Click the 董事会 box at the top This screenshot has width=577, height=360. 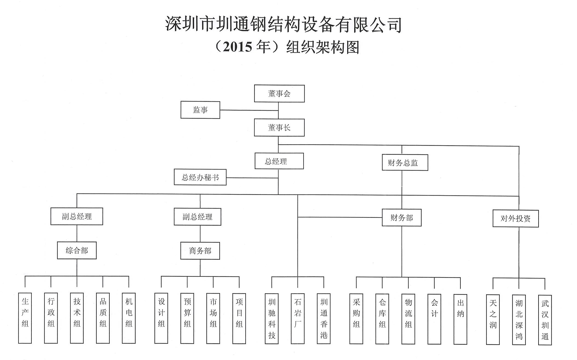tap(279, 94)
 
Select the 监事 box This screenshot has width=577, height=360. tap(200, 110)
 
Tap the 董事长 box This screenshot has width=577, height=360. tap(279, 127)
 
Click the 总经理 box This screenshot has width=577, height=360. tap(279, 161)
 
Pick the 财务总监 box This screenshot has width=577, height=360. tap(405, 163)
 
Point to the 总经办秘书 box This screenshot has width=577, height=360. tap(200, 178)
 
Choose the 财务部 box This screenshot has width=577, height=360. tap(401, 218)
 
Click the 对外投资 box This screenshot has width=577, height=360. tap(515, 218)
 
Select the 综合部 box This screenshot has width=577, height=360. tap(77, 250)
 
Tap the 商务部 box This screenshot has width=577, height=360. tap(200, 251)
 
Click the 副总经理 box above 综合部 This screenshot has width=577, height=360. tap(77, 216)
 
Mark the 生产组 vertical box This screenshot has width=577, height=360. tap(25, 318)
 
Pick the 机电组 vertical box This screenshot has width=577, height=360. tap(129, 318)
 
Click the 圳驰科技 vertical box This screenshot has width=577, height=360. tap(272, 319)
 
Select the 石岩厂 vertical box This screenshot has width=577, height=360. tap(298, 319)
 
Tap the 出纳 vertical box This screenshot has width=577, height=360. tap(460, 319)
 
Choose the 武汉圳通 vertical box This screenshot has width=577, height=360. tap(545, 320)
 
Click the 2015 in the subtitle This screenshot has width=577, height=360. tap(237, 47)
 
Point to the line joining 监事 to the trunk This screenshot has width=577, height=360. tap(249, 110)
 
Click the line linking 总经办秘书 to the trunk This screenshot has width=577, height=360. tap(252, 178)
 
